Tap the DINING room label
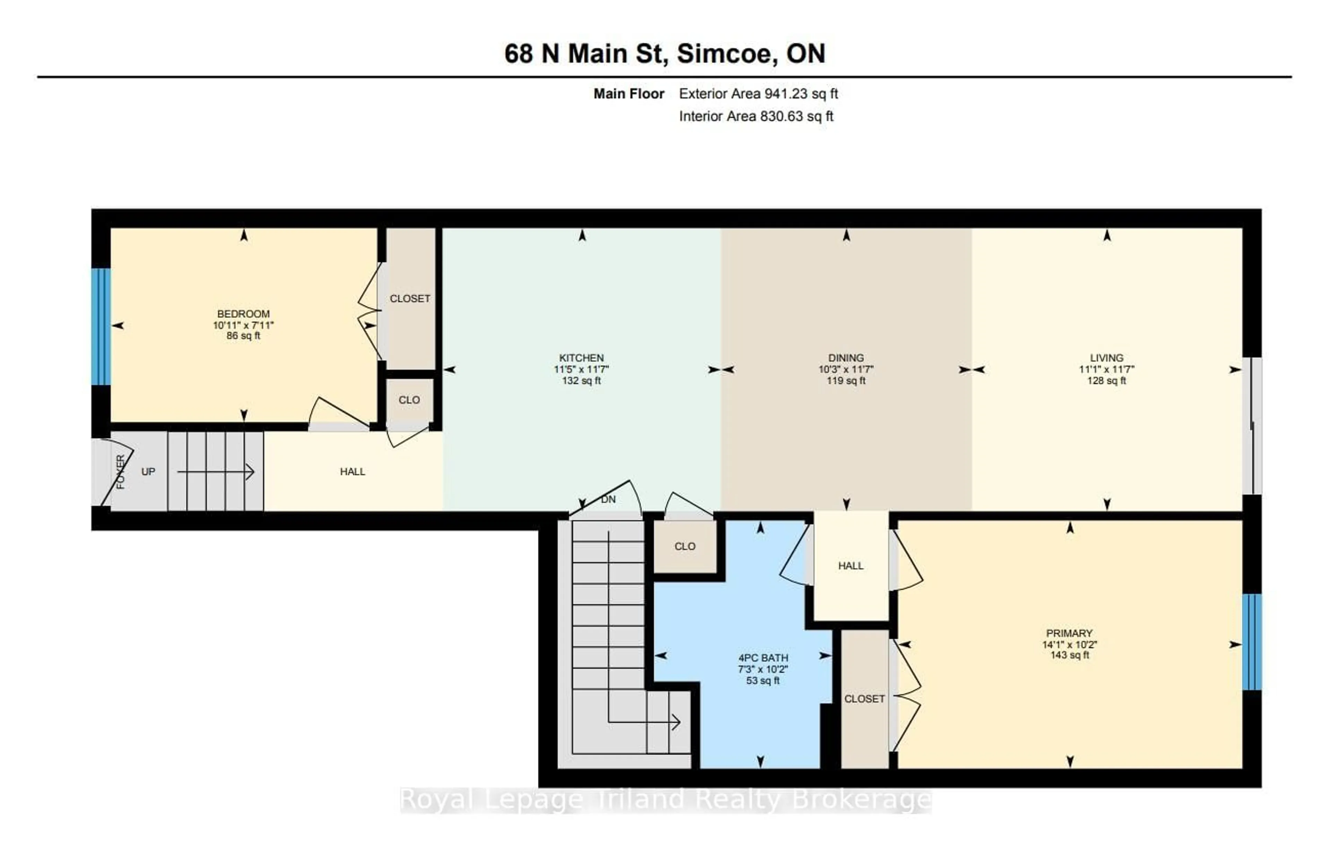tap(846, 358)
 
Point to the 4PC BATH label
tap(763, 658)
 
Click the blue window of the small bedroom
tap(101, 327)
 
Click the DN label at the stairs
tap(608, 499)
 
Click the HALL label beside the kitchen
tap(352, 472)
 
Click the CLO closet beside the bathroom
tap(685, 546)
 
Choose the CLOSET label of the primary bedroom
tap(864, 699)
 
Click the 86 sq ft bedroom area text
tap(243, 336)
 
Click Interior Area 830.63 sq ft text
tap(756, 117)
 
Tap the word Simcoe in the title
tap(727, 54)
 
